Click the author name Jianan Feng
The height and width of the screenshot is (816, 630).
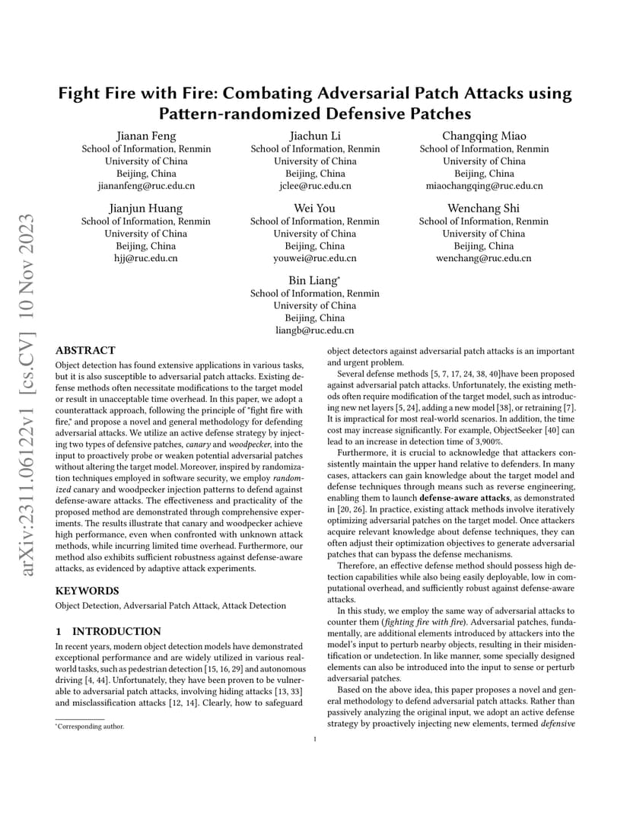(x=146, y=136)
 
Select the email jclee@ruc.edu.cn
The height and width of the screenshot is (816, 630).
(x=315, y=186)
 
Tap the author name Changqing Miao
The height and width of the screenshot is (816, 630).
(x=484, y=136)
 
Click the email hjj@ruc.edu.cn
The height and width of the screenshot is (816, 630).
(x=146, y=258)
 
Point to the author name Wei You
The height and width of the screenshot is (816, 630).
(x=315, y=209)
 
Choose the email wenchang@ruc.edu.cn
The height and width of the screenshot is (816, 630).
(x=484, y=258)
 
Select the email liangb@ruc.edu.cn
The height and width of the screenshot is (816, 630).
(x=315, y=330)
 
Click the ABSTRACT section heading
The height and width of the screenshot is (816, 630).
(x=85, y=351)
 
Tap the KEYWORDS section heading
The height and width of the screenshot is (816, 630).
(x=87, y=590)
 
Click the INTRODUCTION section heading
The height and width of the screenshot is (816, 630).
(x=108, y=631)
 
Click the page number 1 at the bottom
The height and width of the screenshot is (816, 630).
(x=315, y=738)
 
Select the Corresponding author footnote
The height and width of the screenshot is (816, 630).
(x=89, y=726)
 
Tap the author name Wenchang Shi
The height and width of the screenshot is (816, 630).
(x=484, y=209)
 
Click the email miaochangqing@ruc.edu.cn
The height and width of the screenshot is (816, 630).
(x=484, y=186)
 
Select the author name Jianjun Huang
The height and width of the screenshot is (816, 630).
(x=146, y=209)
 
